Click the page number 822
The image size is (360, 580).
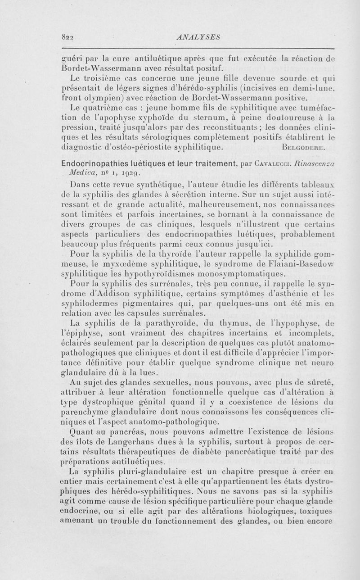(x=67, y=38)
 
